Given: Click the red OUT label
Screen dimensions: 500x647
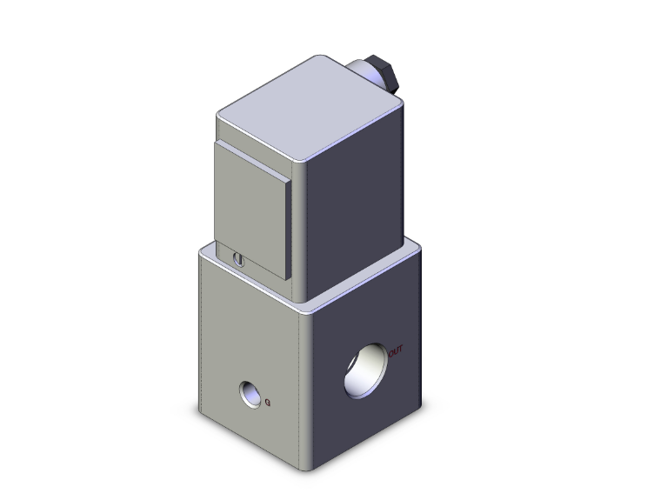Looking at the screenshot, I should (396, 351).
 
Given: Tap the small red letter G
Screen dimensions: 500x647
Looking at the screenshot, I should (268, 402).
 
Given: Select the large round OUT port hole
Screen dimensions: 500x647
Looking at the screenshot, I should (366, 370).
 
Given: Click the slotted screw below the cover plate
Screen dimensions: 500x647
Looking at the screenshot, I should (240, 258).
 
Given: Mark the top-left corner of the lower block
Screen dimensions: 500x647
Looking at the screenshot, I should (201, 250).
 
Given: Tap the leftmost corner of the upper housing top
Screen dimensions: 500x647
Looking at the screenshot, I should (217, 115).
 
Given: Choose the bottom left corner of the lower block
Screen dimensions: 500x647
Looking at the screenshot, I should (201, 411).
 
